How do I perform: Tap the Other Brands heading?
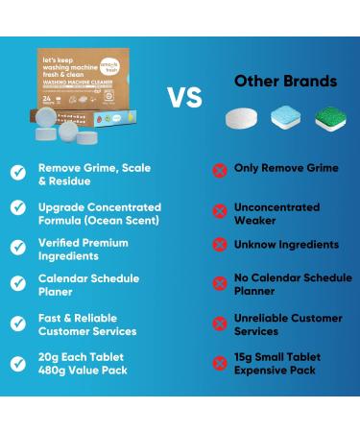(x=285, y=81)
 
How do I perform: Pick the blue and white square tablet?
(x=285, y=116)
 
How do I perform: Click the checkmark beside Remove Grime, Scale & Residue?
(x=17, y=173)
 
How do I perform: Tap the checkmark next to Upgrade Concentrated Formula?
(x=17, y=208)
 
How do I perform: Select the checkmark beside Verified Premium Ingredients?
(x=17, y=246)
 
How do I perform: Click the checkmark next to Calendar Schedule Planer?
(x=17, y=283)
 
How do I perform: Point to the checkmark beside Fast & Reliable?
(x=17, y=324)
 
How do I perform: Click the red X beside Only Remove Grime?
(x=219, y=170)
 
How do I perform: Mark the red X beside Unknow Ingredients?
(x=219, y=244)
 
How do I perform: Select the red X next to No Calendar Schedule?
(x=219, y=284)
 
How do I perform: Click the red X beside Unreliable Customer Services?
(x=219, y=324)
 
